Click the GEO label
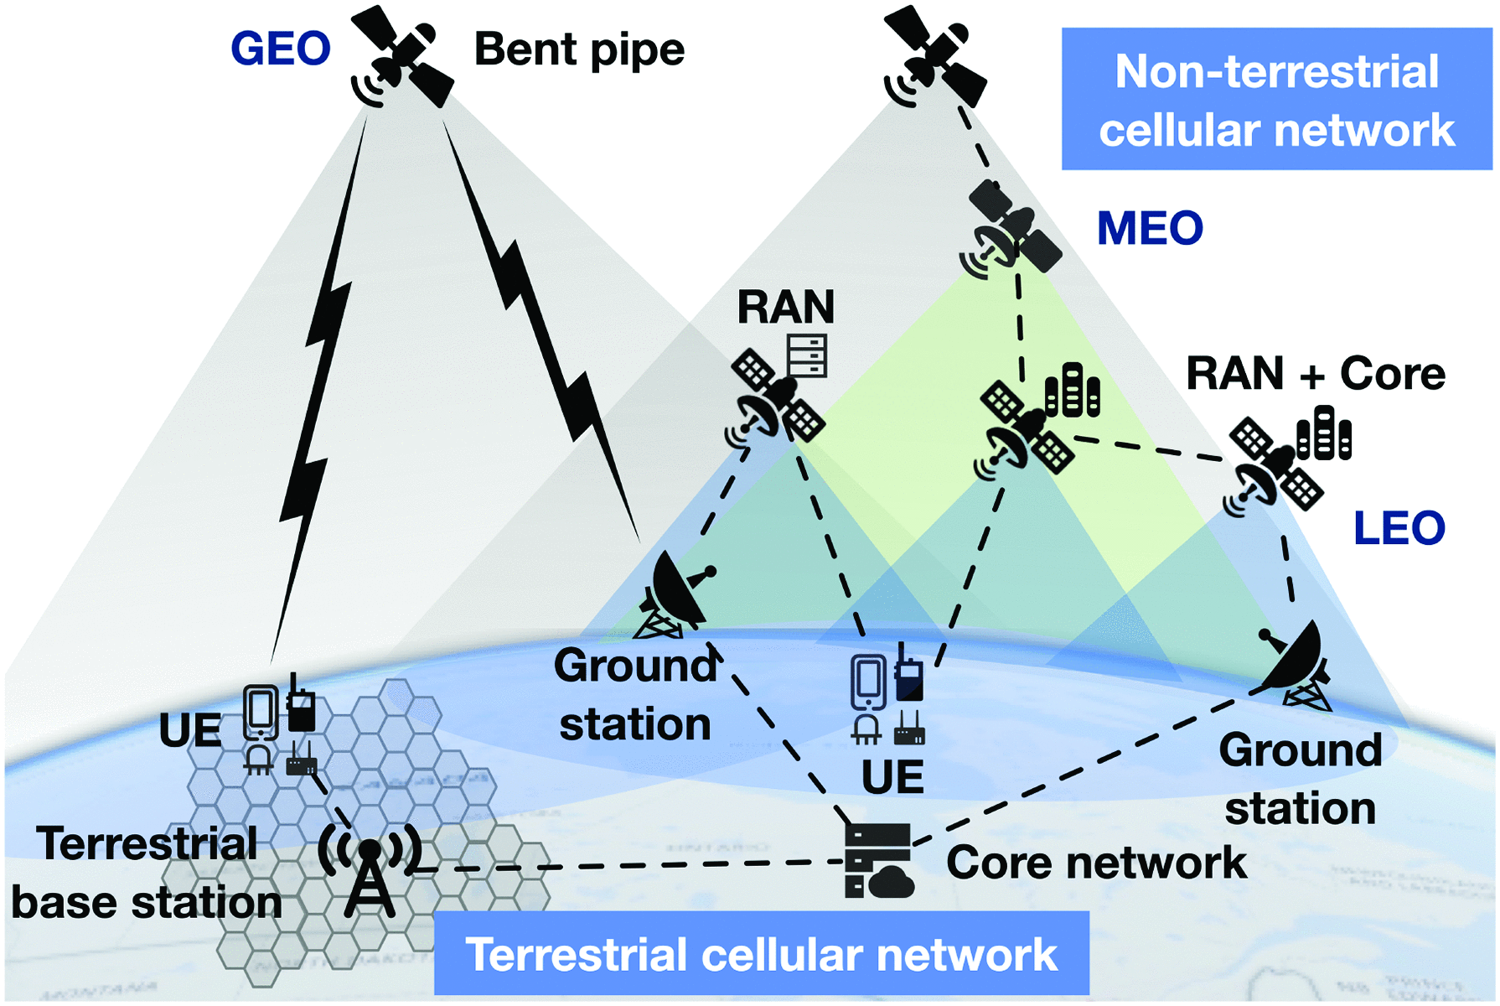coord(280,49)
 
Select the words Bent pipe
coord(579,49)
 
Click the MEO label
coord(1150,228)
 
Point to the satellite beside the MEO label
coord(1011,229)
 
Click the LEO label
coord(1399,528)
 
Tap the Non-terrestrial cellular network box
coord(1276,100)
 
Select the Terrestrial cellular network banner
coord(761,954)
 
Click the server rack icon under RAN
coord(807,355)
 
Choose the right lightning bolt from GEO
coord(545,335)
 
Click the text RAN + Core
coord(1315,373)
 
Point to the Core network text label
coord(1096,863)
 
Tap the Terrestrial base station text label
coord(147,873)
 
